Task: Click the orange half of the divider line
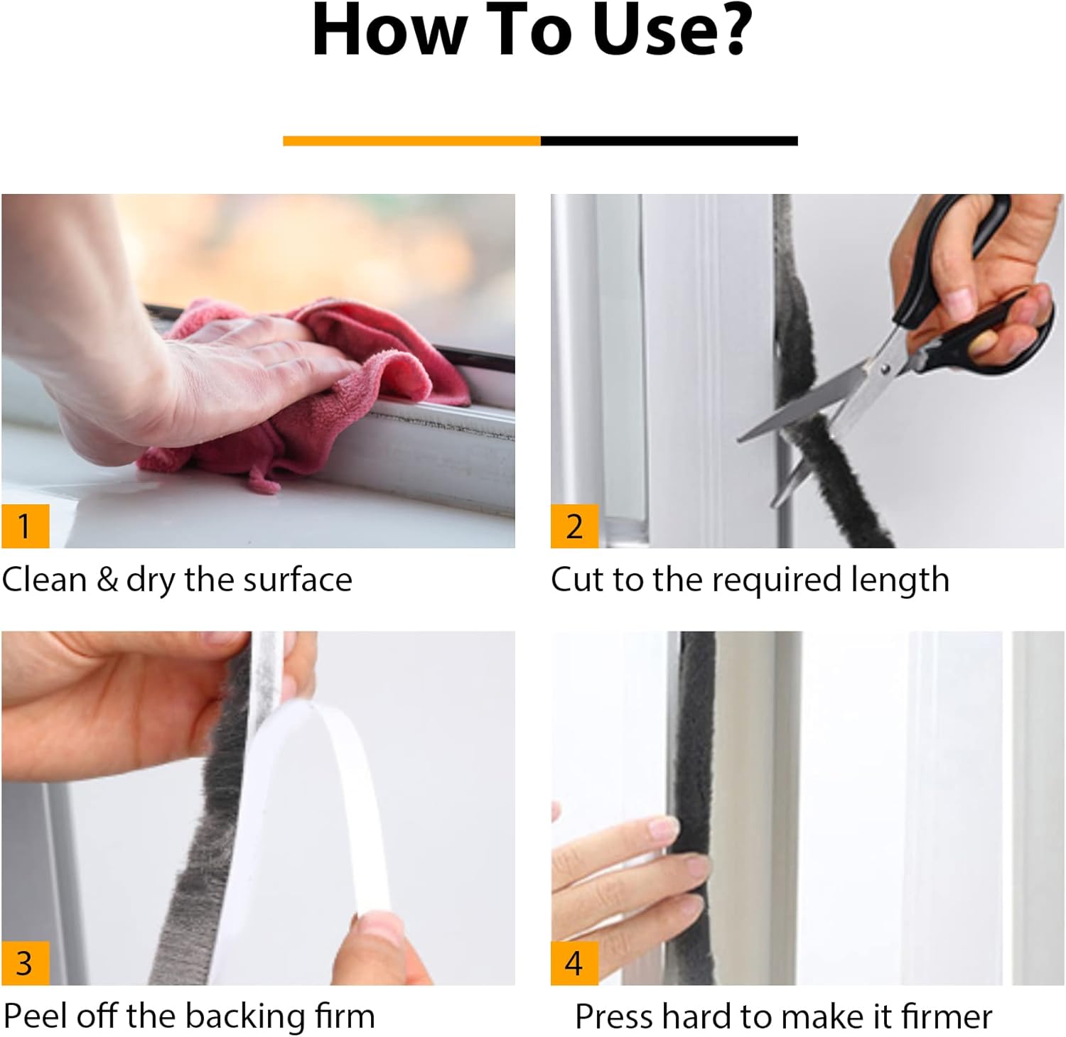411,141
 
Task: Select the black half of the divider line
669,141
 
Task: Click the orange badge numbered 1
25,526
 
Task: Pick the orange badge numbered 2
574,526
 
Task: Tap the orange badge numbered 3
25,962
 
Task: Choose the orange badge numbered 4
574,962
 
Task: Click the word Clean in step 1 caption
44,580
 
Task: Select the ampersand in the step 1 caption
107,580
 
